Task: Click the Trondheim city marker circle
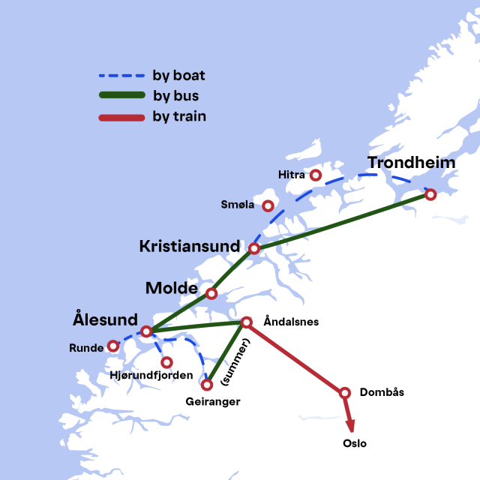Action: click(430, 194)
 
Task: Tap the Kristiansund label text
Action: click(190, 246)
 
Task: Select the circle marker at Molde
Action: click(211, 294)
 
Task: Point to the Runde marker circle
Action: click(113, 346)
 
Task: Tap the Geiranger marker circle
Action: click(208, 385)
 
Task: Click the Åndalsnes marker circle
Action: click(246, 322)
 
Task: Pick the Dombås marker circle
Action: click(345, 392)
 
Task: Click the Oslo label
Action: click(355, 443)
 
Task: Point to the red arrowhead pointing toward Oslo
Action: click(350, 425)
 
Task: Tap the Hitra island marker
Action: click(316, 175)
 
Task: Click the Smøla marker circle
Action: click(267, 205)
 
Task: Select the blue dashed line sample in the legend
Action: click(121, 76)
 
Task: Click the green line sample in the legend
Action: click(121, 96)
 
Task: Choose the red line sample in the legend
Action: click(121, 117)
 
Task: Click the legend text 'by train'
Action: click(179, 117)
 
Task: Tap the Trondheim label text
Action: click(411, 163)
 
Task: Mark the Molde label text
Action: click(171, 288)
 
